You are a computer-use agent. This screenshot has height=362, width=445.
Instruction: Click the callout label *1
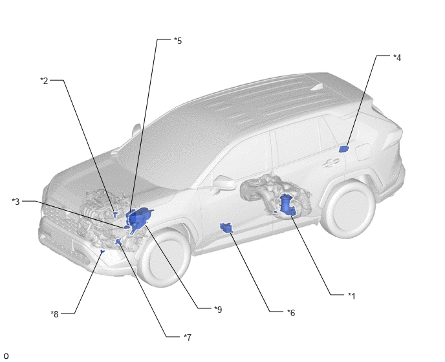[x=351, y=296]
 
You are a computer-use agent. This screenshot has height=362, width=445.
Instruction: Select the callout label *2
[x=44, y=81]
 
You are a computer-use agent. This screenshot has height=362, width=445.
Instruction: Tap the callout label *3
[x=16, y=202]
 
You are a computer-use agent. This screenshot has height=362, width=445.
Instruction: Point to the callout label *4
[x=397, y=58]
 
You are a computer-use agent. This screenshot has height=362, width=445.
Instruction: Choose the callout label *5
[x=178, y=41]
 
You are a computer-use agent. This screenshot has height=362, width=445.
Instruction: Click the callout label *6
[x=291, y=313]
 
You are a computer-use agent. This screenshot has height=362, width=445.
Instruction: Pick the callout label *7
[x=188, y=337]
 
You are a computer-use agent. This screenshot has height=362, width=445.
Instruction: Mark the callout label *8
[x=54, y=314]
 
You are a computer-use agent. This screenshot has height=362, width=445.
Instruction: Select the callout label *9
[x=218, y=310]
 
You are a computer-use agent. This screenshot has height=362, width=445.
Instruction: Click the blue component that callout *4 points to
[x=344, y=149]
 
